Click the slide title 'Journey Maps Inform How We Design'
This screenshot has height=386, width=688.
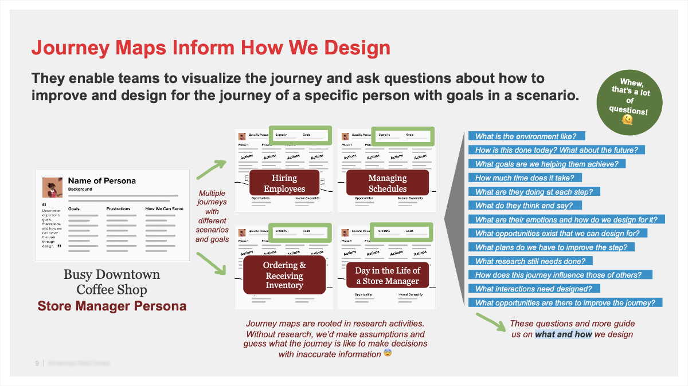pyautogui.click(x=211, y=47)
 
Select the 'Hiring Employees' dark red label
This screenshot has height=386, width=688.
pyautogui.click(x=284, y=184)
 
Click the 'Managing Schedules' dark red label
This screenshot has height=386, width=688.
pyautogui.click(x=388, y=184)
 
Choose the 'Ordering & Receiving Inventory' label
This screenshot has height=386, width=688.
pyautogui.click(x=285, y=275)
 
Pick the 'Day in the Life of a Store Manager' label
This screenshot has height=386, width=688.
pyautogui.click(x=388, y=275)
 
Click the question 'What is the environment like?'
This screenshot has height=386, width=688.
pyautogui.click(x=526, y=136)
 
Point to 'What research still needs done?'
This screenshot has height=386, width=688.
pyautogui.click(x=530, y=261)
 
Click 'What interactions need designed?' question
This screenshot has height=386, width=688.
pyautogui.click(x=534, y=289)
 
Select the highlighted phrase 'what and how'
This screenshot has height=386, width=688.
pyautogui.click(x=563, y=334)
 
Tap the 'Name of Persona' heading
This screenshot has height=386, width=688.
pyautogui.click(x=102, y=181)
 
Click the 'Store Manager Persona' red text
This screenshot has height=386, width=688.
pyautogui.click(x=112, y=306)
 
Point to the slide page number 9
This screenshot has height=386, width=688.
pyautogui.click(x=37, y=363)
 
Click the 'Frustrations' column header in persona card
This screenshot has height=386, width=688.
pyautogui.click(x=118, y=209)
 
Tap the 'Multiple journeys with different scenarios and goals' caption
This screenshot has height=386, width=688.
pyautogui.click(x=212, y=216)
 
